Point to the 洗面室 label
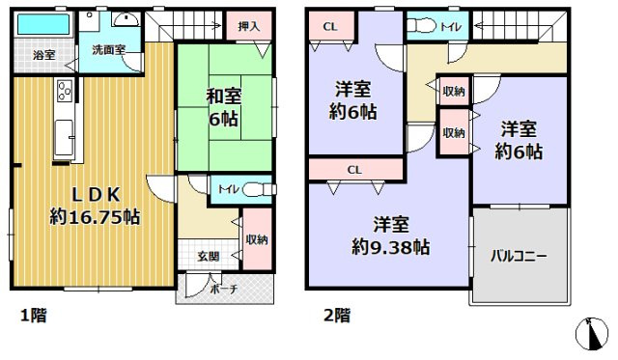coord(108,48)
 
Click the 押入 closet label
coord(248,26)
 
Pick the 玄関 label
coord(209,255)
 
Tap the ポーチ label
coord(225,289)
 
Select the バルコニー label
coord(519,257)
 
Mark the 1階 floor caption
coord(32,315)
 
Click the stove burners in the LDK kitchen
coord(66,93)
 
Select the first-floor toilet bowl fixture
coord(253,189)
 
